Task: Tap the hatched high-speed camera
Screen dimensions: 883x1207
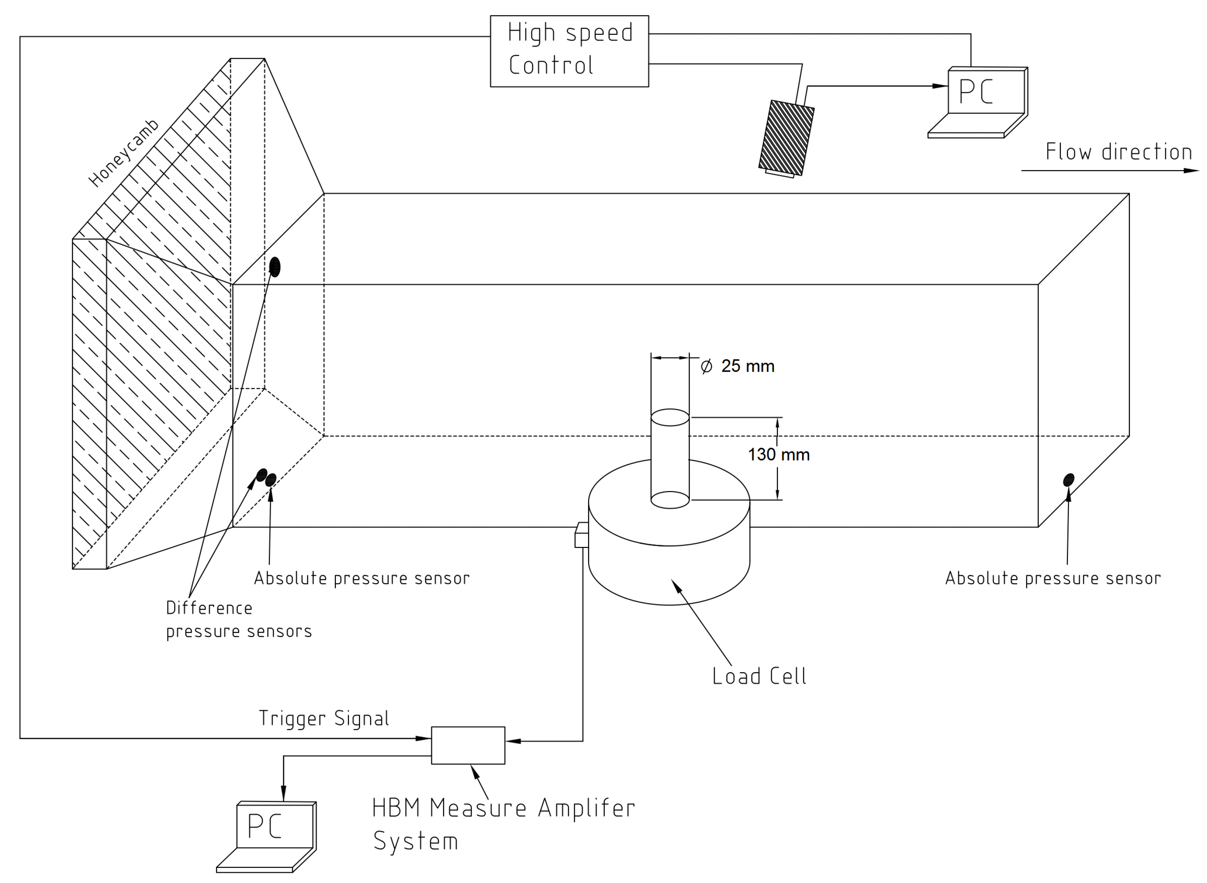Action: click(x=786, y=138)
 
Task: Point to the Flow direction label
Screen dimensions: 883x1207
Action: click(x=1118, y=152)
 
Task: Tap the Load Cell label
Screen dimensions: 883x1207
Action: click(x=759, y=676)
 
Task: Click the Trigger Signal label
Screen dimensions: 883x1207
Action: click(x=324, y=718)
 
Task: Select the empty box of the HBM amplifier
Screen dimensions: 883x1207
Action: click(x=468, y=745)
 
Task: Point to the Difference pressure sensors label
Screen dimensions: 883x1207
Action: click(x=238, y=620)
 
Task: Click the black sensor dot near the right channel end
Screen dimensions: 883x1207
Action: click(x=1068, y=480)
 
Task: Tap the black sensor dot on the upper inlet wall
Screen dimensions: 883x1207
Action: click(x=275, y=267)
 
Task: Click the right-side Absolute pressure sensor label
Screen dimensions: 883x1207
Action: click(x=1052, y=578)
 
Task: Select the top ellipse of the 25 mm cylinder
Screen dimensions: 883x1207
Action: click(x=670, y=418)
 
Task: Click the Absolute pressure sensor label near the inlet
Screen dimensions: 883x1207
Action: click(x=362, y=578)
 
